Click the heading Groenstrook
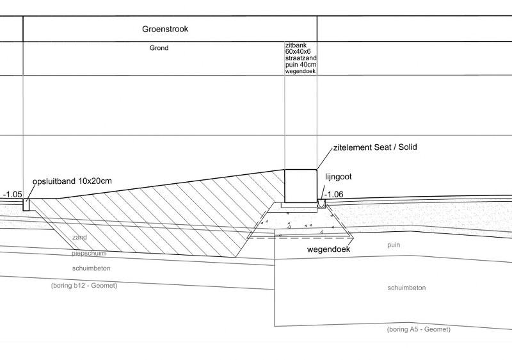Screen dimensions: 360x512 [x=170, y=29]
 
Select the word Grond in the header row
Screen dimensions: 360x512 [x=159, y=47]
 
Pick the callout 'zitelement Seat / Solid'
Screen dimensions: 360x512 [x=375, y=147]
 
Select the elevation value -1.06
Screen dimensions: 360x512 [x=335, y=195]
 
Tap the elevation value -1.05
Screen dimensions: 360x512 [x=12, y=194]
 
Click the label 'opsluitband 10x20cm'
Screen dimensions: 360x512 [x=72, y=182]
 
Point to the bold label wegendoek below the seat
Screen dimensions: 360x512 [x=328, y=249]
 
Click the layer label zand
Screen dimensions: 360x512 [x=80, y=238]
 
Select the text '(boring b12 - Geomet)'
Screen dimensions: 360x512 [x=83, y=285]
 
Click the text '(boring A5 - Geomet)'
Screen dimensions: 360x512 [x=419, y=329]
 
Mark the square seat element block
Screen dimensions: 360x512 [x=300, y=184]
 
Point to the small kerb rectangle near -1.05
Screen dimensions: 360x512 [x=26, y=204]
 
